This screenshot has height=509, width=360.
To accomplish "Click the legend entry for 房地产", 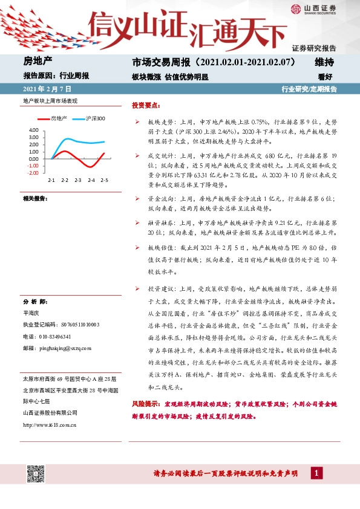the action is pyautogui.click(x=59, y=118).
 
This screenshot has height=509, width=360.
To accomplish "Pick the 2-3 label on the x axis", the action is pyautogui.click(x=78, y=180).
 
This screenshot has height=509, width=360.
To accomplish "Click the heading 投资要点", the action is pyautogui.click(x=146, y=105).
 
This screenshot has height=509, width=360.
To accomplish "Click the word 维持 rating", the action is pyautogui.click(x=324, y=62).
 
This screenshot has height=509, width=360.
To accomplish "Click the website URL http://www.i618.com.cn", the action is pyautogui.click(x=49, y=424).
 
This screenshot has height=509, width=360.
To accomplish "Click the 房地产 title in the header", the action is pyautogui.click(x=38, y=62).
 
